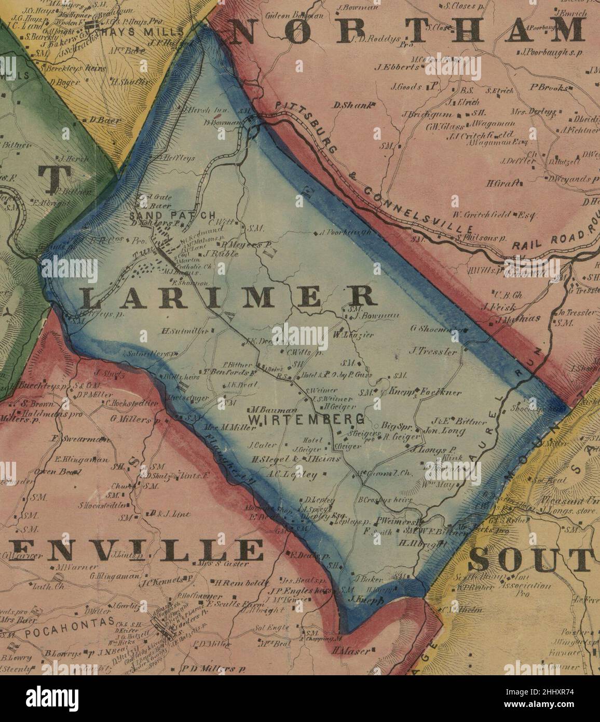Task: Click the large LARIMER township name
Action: coord(228,297)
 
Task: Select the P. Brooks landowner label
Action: coord(549,88)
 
